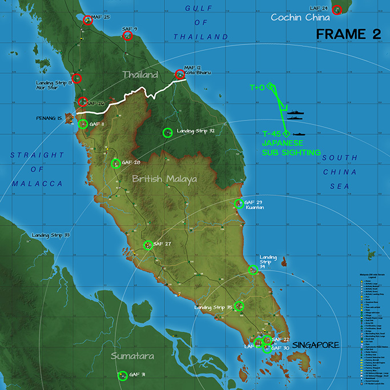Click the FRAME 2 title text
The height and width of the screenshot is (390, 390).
point(348,34)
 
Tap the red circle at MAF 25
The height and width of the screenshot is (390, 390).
point(87,20)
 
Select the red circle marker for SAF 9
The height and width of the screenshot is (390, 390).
point(127,36)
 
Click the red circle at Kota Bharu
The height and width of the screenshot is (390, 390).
point(180,74)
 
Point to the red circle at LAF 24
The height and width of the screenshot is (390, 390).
point(337,9)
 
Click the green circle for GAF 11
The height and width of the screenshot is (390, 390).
point(83,123)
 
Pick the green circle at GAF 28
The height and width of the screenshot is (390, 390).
point(115,163)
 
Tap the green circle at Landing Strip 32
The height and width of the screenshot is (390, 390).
point(167,132)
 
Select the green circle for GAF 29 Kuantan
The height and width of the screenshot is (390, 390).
point(238,203)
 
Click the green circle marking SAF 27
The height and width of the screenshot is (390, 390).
point(148,245)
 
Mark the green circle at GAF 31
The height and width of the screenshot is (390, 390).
point(122,376)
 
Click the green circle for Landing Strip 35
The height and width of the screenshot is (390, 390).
point(239,306)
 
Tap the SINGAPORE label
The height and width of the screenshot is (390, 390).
point(316,345)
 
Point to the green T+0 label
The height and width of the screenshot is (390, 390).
point(257,88)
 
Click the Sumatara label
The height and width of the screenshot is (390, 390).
point(132,356)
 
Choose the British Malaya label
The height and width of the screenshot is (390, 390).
point(164,179)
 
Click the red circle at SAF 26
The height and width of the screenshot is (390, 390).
point(83,102)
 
